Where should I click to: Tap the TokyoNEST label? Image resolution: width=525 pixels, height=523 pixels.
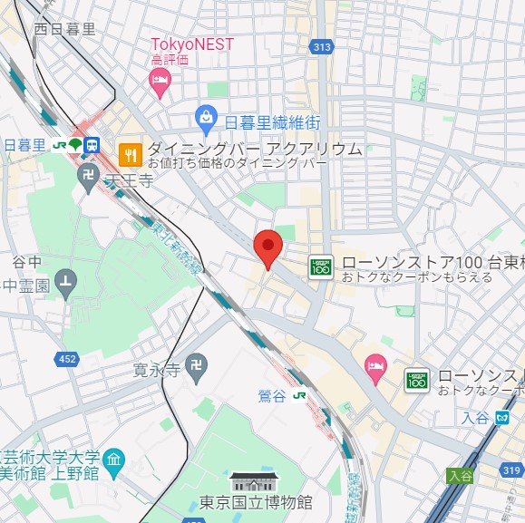tap(191, 44)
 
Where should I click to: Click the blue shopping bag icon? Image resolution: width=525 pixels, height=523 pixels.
tap(207, 117)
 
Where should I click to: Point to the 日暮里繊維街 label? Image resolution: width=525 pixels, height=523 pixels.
tap(272, 121)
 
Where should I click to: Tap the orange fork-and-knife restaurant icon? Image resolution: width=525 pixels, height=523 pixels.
tap(131, 154)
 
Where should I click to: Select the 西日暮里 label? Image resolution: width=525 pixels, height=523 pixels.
tap(64, 28)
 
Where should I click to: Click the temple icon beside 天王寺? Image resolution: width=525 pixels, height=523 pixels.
tap(89, 180)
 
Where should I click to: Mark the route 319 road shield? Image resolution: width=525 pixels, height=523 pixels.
tap(510, 469)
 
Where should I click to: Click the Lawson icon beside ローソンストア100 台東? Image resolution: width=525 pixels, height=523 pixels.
tap(321, 266)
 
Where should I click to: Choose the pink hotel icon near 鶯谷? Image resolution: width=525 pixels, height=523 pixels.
tap(374, 365)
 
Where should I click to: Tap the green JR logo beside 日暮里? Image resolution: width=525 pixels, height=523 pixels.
tap(60, 145)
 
